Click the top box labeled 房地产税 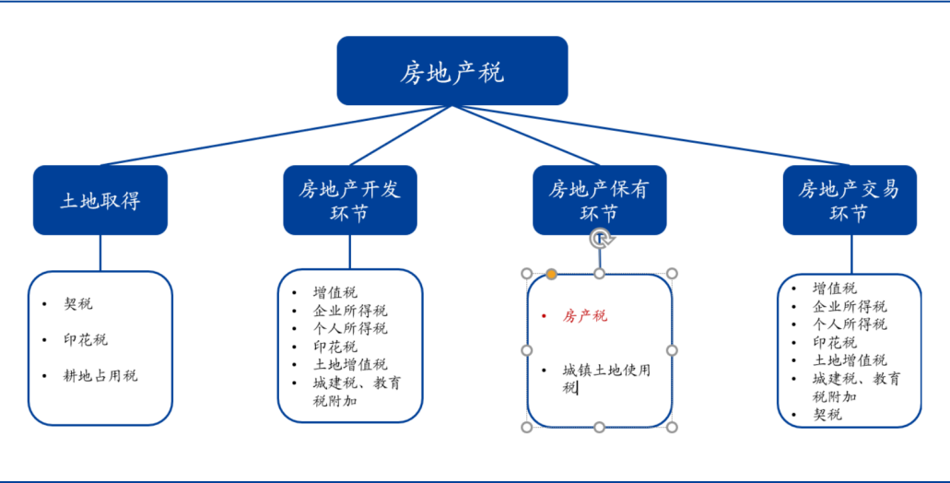click(x=452, y=70)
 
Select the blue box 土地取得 click(x=100, y=200)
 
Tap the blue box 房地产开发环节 click(x=349, y=200)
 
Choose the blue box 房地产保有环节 click(x=599, y=200)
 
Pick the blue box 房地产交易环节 click(x=850, y=200)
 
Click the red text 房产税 click(x=585, y=316)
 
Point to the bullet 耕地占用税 click(x=100, y=376)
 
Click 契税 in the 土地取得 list click(x=78, y=303)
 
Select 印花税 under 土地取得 click(x=86, y=340)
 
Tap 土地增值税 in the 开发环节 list click(x=350, y=364)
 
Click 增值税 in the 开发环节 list click(x=335, y=293)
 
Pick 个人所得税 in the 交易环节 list click(x=850, y=324)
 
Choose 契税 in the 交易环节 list click(x=827, y=415)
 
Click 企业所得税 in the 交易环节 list click(x=850, y=306)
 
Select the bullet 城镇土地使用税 click(x=606, y=379)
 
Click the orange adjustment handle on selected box click(x=551, y=274)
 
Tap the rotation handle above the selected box click(x=600, y=239)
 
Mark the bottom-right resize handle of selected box click(x=672, y=428)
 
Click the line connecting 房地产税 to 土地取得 click(x=276, y=135)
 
